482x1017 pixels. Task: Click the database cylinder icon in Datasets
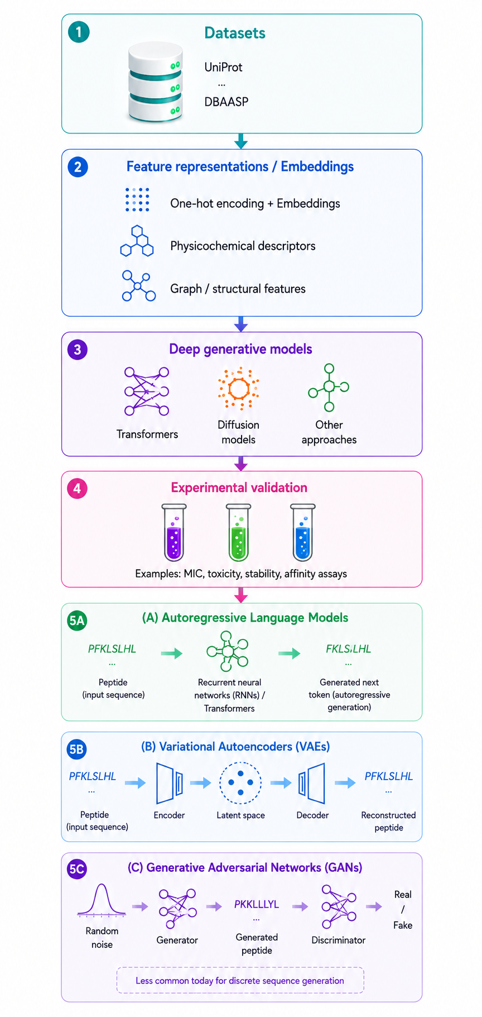pos(156,82)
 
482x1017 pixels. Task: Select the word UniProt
pos(223,67)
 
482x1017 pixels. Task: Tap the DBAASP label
pos(226,102)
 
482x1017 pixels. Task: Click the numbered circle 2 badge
pos(78,167)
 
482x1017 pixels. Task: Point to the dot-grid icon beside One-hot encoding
pos(137,199)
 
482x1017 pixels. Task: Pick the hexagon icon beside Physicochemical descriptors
pos(137,241)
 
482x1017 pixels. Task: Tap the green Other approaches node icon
pos(329,387)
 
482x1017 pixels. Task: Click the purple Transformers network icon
pos(147,391)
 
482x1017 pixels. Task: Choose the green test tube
pos(238,532)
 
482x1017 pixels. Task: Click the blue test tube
pos(303,532)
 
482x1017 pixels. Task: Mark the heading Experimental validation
pos(239,488)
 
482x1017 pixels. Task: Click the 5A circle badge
pos(77,620)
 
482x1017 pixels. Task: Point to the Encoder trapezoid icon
pos(170,783)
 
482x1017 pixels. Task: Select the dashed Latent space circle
pos(240,783)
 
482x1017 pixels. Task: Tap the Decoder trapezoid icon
pos(312,783)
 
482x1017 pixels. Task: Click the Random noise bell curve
pos(102,900)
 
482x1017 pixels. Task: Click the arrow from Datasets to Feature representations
pos(241,141)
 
